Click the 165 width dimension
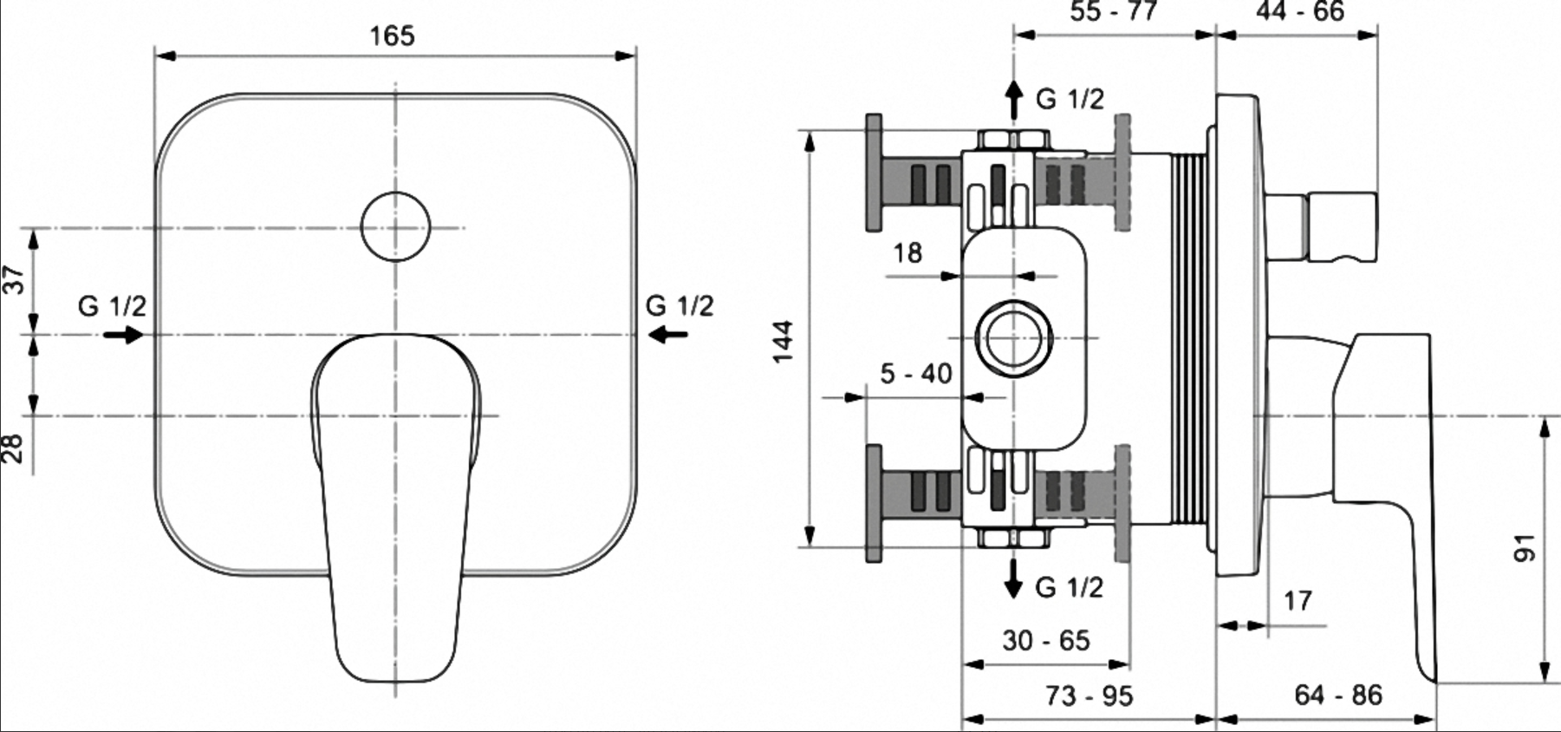393,36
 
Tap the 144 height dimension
784,342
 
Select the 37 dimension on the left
15,279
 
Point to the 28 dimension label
13,448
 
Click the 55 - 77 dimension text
1114,11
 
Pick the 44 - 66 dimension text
1299,11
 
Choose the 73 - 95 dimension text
1089,696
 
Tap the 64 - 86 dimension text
1338,695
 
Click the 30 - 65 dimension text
1046,641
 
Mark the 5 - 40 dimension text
916,374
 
